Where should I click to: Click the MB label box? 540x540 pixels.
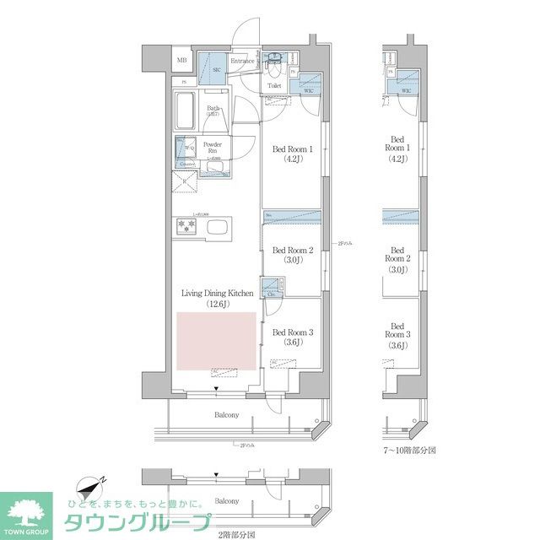[x=182, y=61]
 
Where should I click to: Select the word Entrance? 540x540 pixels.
[x=243, y=61]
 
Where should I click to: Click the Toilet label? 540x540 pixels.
[x=275, y=85]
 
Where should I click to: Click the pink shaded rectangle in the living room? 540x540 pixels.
[x=216, y=340]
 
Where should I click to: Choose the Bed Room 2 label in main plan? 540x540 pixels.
[x=293, y=256]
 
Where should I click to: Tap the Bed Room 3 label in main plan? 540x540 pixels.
[x=293, y=337]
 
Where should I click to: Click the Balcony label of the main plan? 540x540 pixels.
[x=225, y=414]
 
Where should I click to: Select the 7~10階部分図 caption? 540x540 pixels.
[x=409, y=451]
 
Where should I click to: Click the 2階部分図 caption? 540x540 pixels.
[x=236, y=533]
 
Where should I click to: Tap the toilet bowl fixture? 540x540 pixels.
[x=274, y=62]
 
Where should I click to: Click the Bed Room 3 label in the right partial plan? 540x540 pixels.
[x=397, y=335]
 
